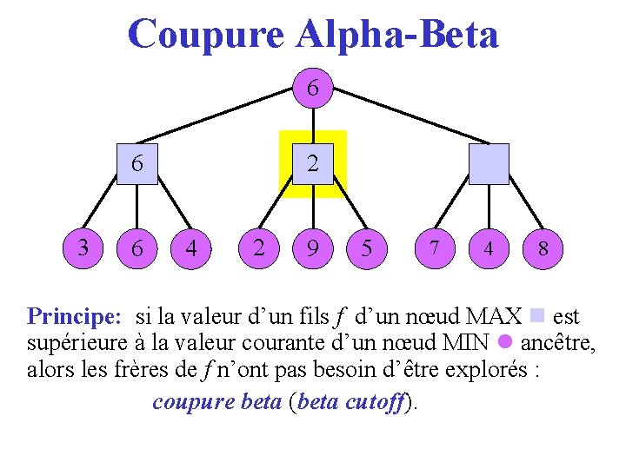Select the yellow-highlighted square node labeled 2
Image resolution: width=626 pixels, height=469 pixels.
pos(312,164)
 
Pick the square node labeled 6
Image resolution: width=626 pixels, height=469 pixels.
pos(137,164)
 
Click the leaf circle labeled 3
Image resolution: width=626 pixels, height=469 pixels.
pos(83,248)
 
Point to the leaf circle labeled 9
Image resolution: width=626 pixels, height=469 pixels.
pos(312,248)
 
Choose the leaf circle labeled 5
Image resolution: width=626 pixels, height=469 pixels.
pos(367,248)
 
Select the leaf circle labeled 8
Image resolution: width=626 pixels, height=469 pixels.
pos(543,248)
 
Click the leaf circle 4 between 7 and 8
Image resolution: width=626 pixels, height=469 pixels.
pos(488,248)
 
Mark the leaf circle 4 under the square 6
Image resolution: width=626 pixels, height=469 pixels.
pos(191,248)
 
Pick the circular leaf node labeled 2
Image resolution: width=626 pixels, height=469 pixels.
pos(258,248)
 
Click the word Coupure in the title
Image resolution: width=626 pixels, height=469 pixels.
pos(205,35)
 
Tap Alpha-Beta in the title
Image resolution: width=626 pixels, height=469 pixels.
pos(397,35)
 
